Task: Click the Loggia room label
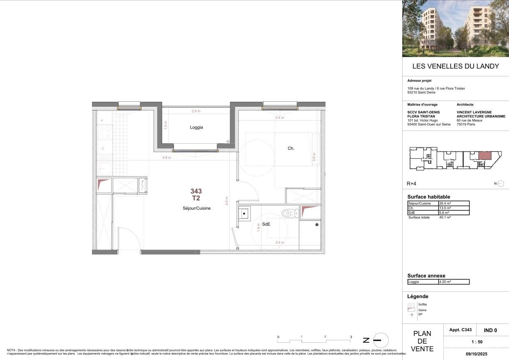196,127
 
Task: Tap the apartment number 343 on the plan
196,191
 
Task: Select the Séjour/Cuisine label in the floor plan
197,208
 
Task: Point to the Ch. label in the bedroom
291,149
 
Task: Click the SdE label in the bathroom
266,225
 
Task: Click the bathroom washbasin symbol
245,213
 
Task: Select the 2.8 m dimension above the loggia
197,111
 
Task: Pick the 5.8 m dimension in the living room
167,158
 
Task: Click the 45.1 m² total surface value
445,217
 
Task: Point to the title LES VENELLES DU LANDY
455,66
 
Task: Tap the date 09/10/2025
476,353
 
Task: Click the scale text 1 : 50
476,342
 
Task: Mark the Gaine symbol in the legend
411,310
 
